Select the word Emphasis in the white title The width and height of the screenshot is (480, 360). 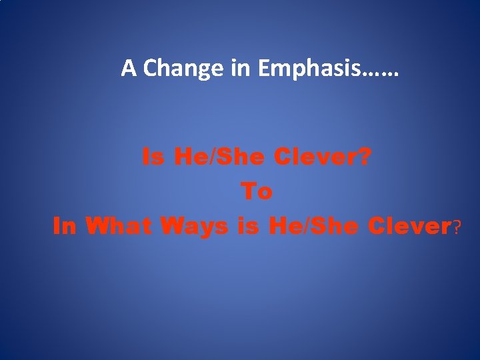point(303,68)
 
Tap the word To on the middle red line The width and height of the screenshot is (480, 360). point(257,192)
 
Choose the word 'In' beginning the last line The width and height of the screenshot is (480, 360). point(65,227)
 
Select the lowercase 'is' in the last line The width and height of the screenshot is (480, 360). point(248,227)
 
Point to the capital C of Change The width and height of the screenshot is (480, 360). point(149,67)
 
